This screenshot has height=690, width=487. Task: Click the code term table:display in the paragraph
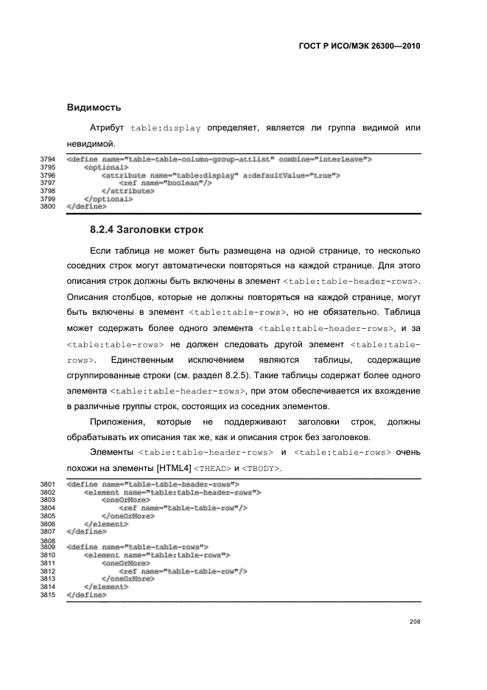[166, 128]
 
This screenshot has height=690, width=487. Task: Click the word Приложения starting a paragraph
[116, 422]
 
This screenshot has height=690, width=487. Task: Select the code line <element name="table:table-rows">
[158, 554]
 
